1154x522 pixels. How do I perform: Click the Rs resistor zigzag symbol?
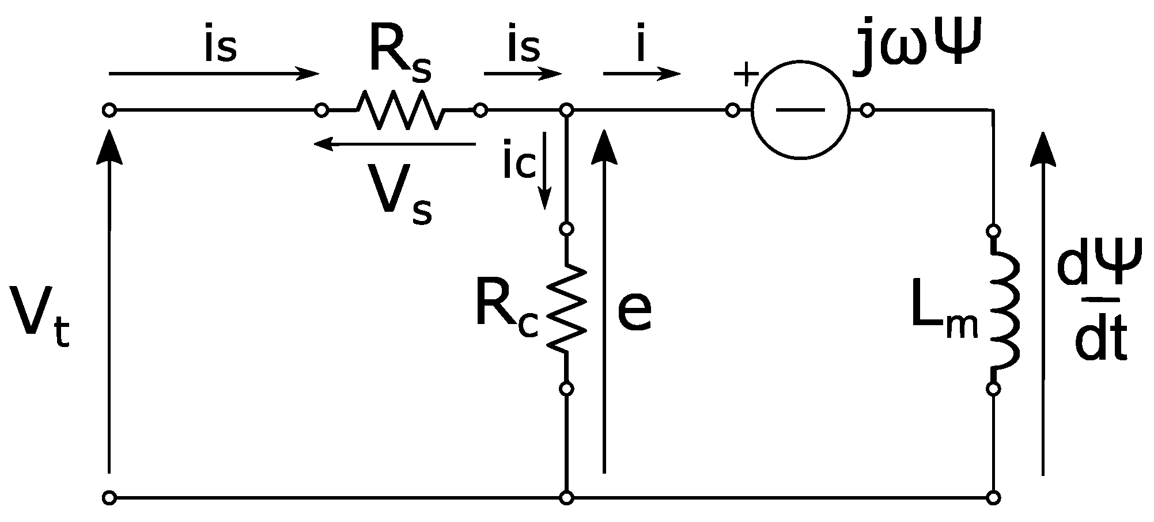[x=401, y=109]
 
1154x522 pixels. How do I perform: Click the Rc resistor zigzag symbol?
[x=566, y=308]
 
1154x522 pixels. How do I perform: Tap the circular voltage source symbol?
[x=800, y=109]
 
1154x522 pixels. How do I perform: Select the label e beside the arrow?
[x=634, y=311]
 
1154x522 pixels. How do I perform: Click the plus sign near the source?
[x=746, y=75]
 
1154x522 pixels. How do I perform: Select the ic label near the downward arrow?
[x=519, y=164]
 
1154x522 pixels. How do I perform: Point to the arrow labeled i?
[x=642, y=73]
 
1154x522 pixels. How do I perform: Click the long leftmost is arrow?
[x=213, y=74]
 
